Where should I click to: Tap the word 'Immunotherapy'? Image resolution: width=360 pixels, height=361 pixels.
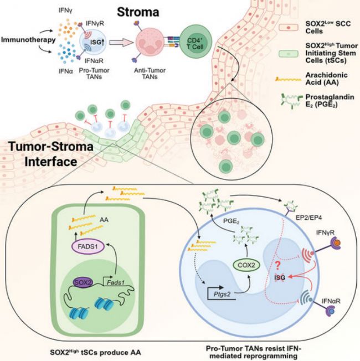click(x=23, y=40)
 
